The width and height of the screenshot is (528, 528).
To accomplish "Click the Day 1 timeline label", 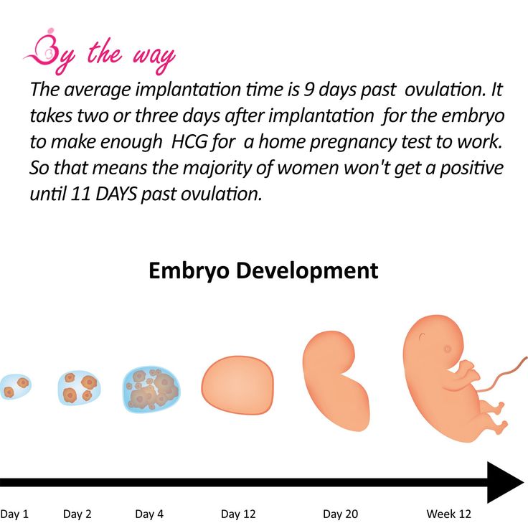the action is [x=14, y=514].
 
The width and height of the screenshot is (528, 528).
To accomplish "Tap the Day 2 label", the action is [x=77, y=514].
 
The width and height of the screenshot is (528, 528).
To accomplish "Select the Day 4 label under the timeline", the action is [x=149, y=514].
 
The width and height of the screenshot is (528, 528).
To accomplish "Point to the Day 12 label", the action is [x=238, y=514].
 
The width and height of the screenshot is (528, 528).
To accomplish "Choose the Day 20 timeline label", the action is [x=340, y=514].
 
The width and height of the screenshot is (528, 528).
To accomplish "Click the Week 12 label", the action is [x=448, y=514].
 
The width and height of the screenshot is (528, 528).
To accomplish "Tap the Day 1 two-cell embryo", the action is [x=15, y=387].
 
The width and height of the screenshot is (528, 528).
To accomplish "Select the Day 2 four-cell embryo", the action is [x=78, y=388].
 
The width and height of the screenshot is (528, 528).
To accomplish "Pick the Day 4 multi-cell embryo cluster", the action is [x=151, y=390].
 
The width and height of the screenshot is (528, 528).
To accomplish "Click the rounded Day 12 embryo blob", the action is [x=237, y=385].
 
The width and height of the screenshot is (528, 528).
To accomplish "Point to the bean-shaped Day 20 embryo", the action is [x=335, y=380].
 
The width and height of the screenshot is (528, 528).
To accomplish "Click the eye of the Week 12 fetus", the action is [x=448, y=349].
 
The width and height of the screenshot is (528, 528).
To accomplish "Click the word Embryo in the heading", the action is [x=189, y=271].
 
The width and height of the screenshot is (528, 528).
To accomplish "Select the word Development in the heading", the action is [x=307, y=271].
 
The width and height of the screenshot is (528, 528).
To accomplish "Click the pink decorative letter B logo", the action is [x=48, y=50].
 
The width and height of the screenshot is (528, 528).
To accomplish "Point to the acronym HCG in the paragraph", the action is [x=189, y=142].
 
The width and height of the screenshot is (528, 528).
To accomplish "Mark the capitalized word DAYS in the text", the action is [x=116, y=194].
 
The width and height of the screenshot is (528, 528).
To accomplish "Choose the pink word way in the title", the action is [x=154, y=57].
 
